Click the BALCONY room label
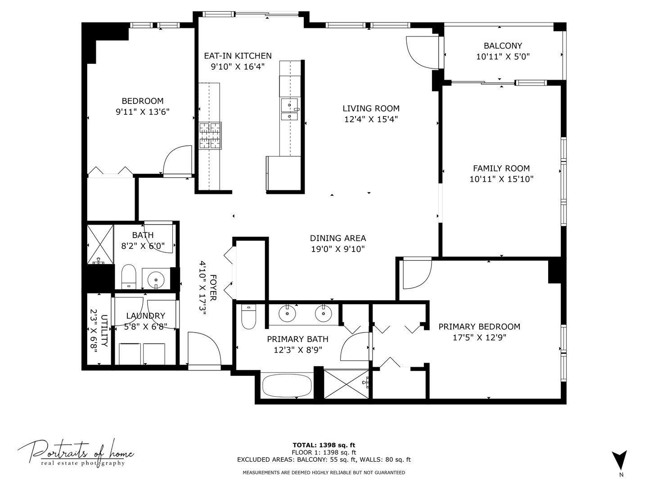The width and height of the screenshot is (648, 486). click(x=503, y=46)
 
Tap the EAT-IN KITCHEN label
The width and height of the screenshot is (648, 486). click(x=238, y=56)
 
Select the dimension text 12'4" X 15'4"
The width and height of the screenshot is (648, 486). click(x=371, y=119)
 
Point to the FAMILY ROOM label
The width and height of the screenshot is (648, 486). click(x=501, y=168)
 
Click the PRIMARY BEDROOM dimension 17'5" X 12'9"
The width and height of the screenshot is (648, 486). click(x=479, y=337)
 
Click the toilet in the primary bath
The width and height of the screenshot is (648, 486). click(x=248, y=317)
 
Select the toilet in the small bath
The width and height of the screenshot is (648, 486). click(x=129, y=277)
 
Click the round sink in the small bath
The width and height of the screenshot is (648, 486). click(x=156, y=278)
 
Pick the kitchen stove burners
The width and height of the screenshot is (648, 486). click(x=210, y=135)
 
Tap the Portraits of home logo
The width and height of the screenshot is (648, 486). click(x=76, y=452)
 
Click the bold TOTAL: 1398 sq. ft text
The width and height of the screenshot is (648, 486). click(x=324, y=445)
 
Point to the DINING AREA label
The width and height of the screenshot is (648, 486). click(x=338, y=238)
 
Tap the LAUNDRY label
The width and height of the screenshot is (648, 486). click(x=145, y=316)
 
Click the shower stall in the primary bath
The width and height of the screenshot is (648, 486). click(x=346, y=383)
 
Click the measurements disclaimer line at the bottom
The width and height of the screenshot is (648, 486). click(x=324, y=472)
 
